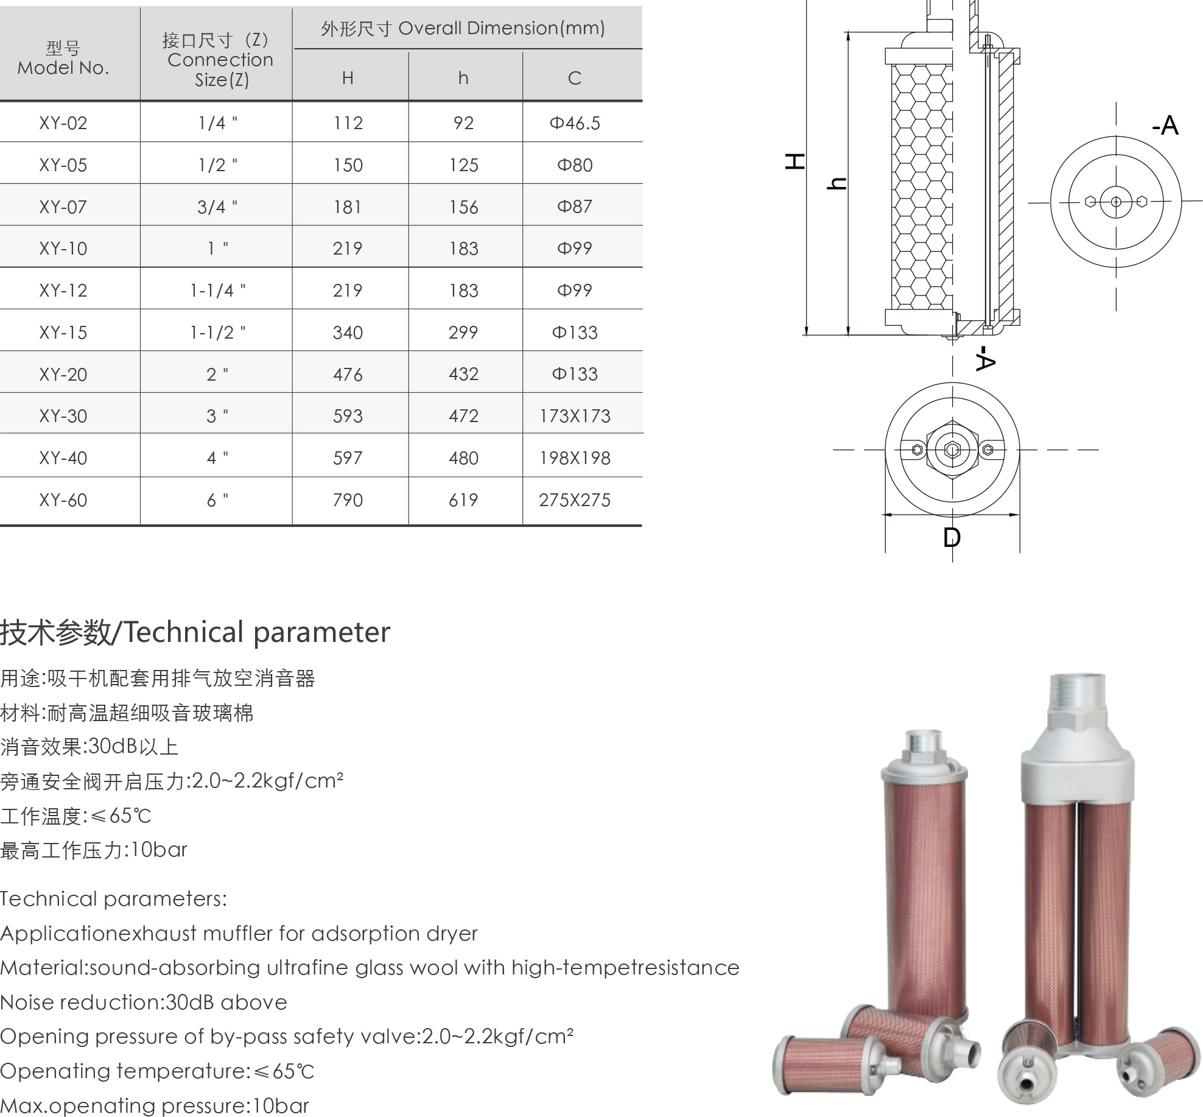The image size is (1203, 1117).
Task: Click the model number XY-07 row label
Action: point(63,207)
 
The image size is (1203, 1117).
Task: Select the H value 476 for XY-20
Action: point(348,374)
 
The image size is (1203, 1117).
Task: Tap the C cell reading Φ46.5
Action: point(575,123)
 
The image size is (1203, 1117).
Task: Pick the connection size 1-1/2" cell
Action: point(218,332)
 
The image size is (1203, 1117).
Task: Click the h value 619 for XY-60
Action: point(463,500)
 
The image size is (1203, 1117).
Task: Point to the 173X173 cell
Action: point(575,416)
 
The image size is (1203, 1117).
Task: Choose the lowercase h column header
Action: point(463,77)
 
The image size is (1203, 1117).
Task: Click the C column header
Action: point(575,78)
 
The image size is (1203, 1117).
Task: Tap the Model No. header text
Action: point(63,58)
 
